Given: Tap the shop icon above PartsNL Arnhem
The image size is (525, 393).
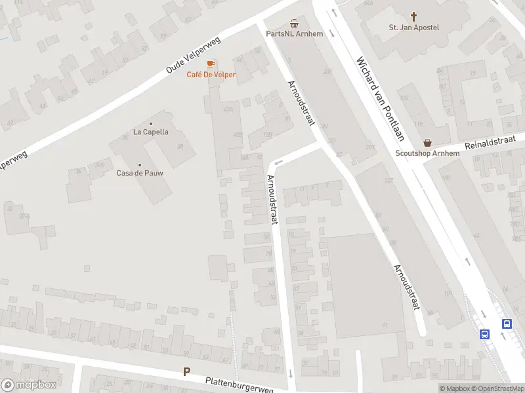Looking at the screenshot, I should point(294,22).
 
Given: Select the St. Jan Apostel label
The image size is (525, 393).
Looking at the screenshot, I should point(414,28).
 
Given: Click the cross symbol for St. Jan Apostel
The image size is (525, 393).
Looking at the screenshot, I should point(414,16).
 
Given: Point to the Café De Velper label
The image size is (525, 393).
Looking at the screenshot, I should point(211,75).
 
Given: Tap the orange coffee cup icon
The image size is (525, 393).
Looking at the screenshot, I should point(211,64).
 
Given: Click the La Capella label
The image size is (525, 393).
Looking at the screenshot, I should point(151,132).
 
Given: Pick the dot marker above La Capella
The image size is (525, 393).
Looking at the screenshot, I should point(151,123).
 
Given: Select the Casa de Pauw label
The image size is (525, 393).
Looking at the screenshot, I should point(140,173).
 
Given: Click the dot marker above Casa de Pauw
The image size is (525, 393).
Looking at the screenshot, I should point(140,164).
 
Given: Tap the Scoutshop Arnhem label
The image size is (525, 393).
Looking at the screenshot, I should point(427,153).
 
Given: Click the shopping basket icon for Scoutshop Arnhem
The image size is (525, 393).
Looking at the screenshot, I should point(428,141).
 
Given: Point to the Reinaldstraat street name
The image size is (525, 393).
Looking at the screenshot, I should point(490,141).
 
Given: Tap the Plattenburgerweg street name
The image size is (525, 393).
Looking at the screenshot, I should point(239,384).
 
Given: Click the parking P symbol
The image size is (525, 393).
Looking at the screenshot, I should point(187,372).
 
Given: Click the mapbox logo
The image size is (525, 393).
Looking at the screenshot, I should point(29,385).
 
